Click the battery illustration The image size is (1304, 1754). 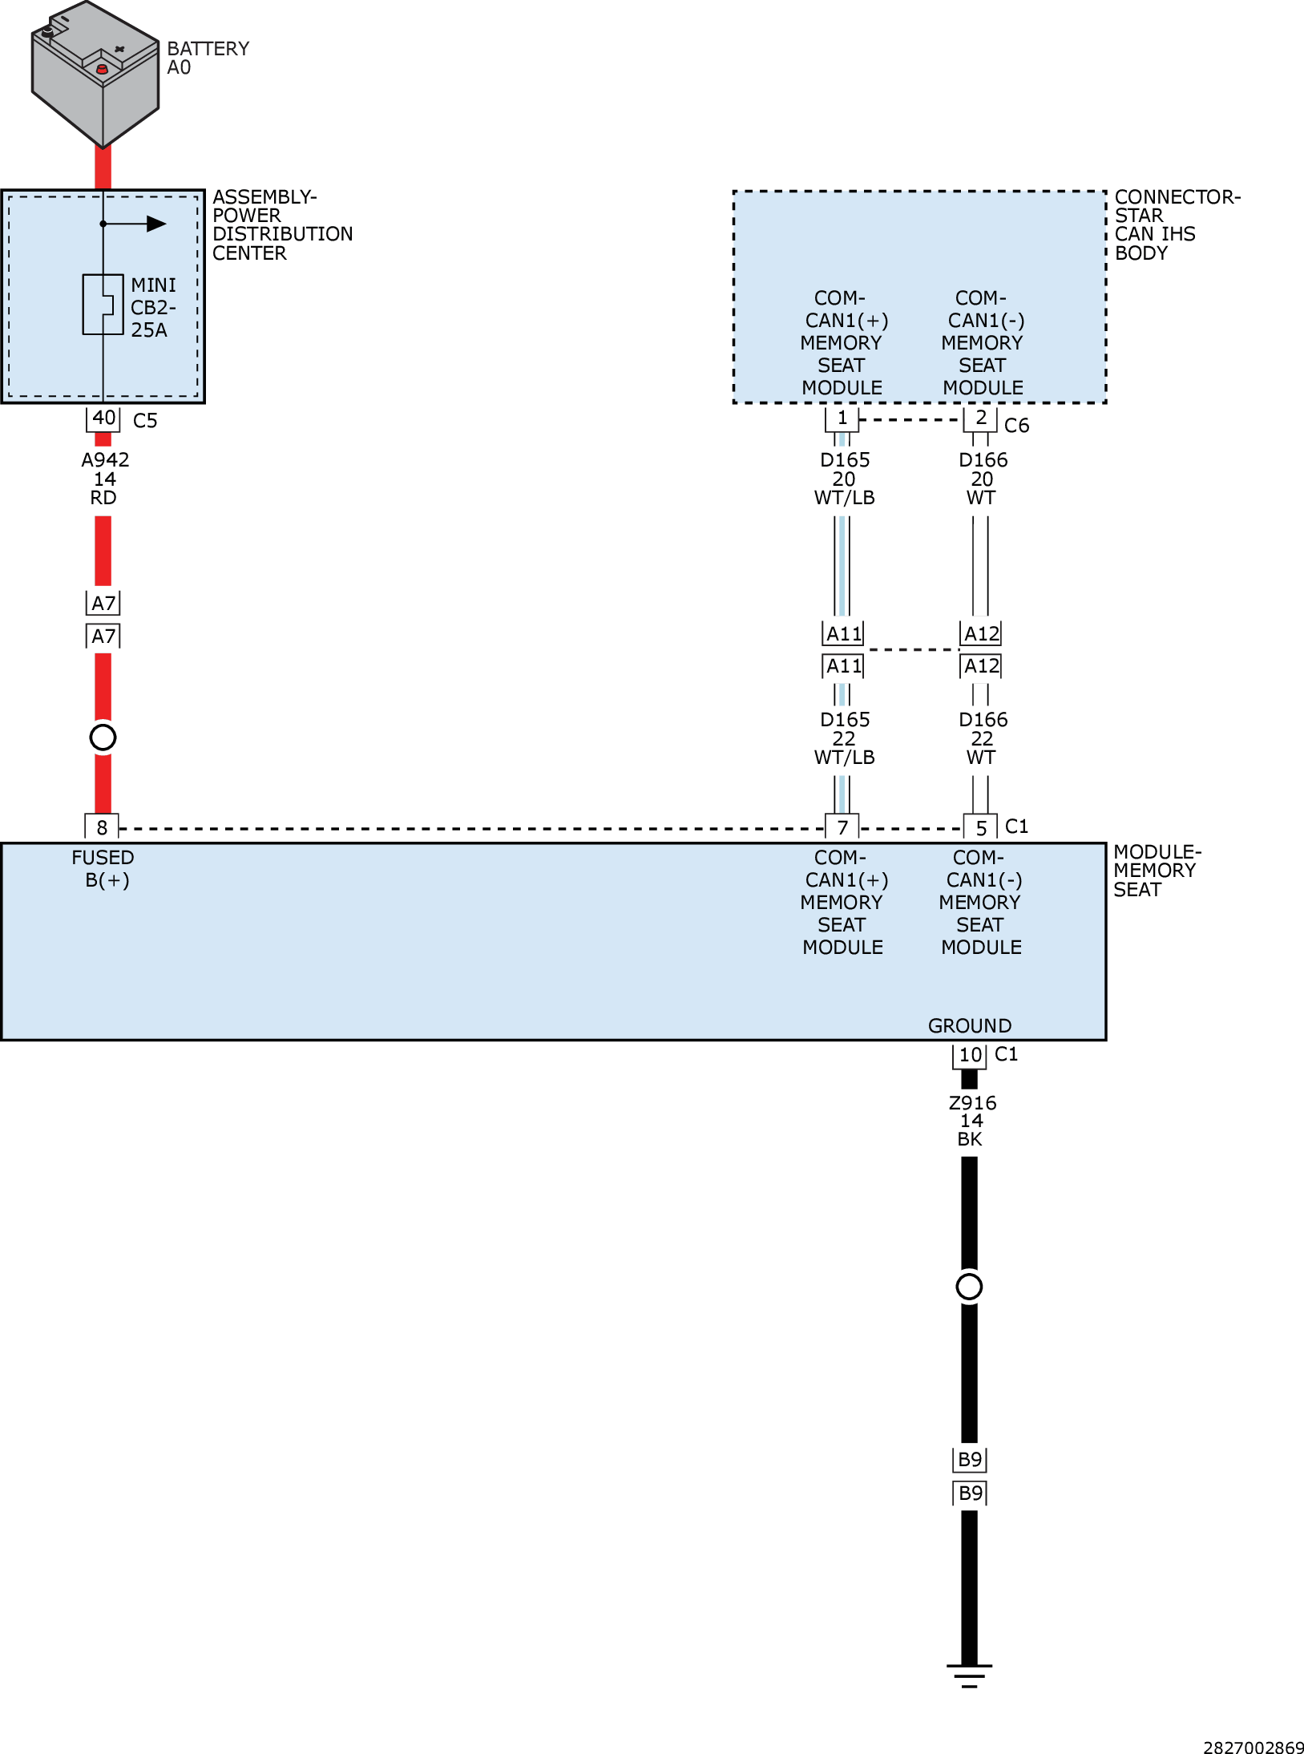click(x=95, y=76)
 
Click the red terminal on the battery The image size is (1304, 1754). click(x=102, y=70)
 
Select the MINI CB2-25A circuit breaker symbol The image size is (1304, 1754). click(x=103, y=305)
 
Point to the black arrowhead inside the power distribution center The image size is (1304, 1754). click(x=155, y=224)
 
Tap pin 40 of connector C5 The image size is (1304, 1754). click(x=103, y=418)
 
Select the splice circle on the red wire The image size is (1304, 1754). click(x=103, y=737)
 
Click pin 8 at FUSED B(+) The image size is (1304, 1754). click(x=102, y=827)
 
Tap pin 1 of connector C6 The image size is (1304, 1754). click(x=842, y=418)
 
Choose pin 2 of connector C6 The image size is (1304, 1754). click(x=980, y=418)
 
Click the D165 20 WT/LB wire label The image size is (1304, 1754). click(x=844, y=479)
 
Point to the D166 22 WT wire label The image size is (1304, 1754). click(x=982, y=738)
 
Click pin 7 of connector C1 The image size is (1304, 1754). click(x=842, y=827)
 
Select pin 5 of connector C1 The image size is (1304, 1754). click(x=980, y=827)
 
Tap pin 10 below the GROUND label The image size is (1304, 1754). click(x=970, y=1055)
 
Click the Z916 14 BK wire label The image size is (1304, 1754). click(x=971, y=1121)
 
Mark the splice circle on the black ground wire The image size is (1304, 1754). click(x=969, y=1287)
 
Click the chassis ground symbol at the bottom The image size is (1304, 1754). click(x=969, y=1674)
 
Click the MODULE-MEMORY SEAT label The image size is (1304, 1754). click(x=1156, y=871)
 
